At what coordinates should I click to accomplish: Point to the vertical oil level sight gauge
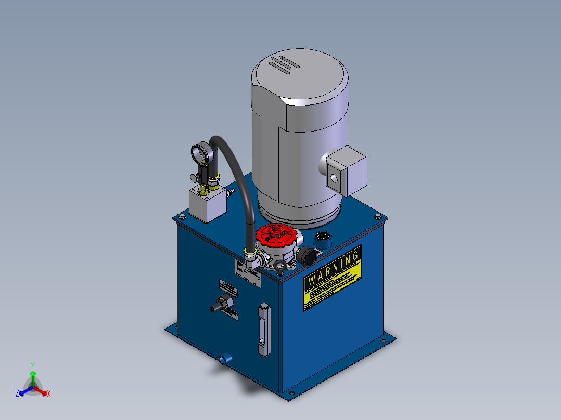coord(264,331)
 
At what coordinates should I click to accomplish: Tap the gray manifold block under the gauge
coord(207,204)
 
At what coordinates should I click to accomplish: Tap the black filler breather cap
coord(307,256)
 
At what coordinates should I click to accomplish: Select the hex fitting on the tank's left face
coord(224,303)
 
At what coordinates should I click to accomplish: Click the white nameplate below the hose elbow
coord(247,273)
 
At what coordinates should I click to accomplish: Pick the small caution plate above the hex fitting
coord(227,287)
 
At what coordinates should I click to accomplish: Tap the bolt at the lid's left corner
coord(182,217)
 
